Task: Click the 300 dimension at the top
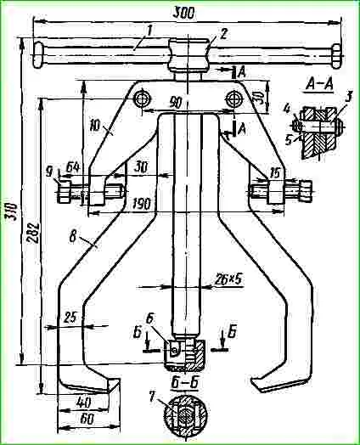coord(184,13)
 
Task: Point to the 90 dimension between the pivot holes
coord(176,103)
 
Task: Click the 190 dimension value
coord(141,203)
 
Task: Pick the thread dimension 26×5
coord(228,279)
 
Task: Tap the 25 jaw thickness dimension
coord(70,318)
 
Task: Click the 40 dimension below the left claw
coord(84,402)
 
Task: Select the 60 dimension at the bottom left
coord(87,420)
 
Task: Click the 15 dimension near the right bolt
coord(274,172)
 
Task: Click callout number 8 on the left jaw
coord(73,237)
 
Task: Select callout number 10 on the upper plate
coord(96,126)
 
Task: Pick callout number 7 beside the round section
coord(151,397)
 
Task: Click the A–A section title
coord(319,84)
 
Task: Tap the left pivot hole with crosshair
coord(143,99)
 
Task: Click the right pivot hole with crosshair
coord(234,99)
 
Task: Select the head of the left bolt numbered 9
coord(65,193)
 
